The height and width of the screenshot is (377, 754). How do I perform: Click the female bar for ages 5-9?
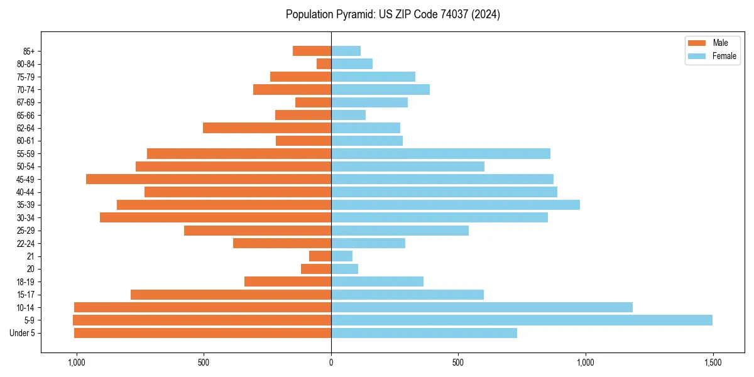coord(522,320)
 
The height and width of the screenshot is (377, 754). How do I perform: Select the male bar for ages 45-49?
coord(209,179)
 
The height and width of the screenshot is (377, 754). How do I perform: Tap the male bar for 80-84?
coord(324,64)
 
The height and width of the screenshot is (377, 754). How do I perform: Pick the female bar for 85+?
coord(346,51)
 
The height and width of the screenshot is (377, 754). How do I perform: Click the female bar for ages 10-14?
coord(482,307)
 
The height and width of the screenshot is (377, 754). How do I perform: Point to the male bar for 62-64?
coord(267,128)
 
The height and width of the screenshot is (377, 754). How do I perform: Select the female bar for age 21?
coord(342,256)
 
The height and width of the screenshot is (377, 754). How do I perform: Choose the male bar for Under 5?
coord(202,333)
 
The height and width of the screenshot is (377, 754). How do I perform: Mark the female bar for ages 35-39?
coord(456,205)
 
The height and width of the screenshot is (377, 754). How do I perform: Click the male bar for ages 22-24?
coord(282,243)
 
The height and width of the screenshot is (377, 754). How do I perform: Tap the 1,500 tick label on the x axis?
coord(713,363)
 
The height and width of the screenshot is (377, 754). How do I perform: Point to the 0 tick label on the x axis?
coord(331,363)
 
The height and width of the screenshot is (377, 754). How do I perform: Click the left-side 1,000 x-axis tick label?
coord(76,363)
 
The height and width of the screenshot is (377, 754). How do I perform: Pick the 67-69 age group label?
coord(26,102)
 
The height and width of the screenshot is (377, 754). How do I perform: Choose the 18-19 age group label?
coord(26,282)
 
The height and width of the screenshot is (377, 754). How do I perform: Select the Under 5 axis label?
coord(23,333)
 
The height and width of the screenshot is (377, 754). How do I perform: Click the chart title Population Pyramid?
coord(393,14)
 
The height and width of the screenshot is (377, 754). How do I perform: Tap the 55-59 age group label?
coord(26,154)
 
